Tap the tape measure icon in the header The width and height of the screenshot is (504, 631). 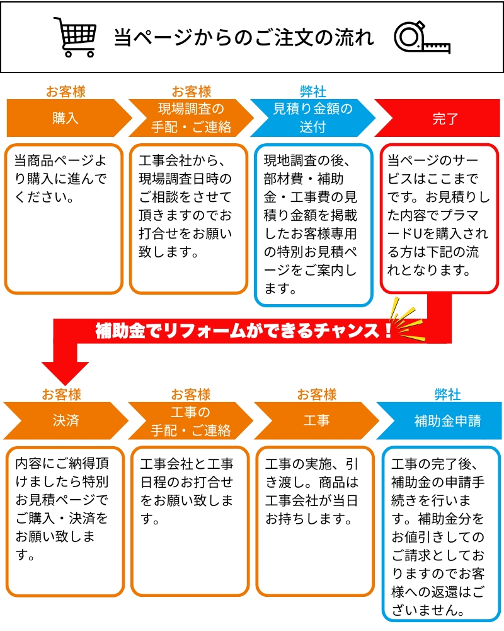point(422,37)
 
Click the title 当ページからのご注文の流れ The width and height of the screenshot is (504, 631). point(244,37)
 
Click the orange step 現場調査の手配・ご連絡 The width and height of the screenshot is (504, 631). point(192,119)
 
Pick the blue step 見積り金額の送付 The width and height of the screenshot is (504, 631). point(312,119)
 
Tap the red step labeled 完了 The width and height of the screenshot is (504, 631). point(438,119)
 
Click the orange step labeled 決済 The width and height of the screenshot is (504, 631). point(66,420)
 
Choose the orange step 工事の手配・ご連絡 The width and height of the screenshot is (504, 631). point(190,420)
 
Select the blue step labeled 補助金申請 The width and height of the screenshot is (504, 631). point(438,420)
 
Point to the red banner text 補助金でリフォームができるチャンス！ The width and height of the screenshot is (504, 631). point(244,331)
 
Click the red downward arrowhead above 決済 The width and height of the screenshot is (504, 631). point(65,373)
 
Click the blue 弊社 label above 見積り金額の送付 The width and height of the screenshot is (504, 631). point(312,91)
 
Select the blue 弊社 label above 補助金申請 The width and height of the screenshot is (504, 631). point(447,394)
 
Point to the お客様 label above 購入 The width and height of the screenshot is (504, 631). point(66,91)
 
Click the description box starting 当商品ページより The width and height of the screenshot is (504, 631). point(64,219)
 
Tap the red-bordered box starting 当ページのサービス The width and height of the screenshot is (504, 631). point(440,218)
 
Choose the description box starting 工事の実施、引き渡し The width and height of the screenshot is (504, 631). point(316,521)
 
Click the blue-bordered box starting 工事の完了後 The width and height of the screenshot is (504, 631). point(441,534)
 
